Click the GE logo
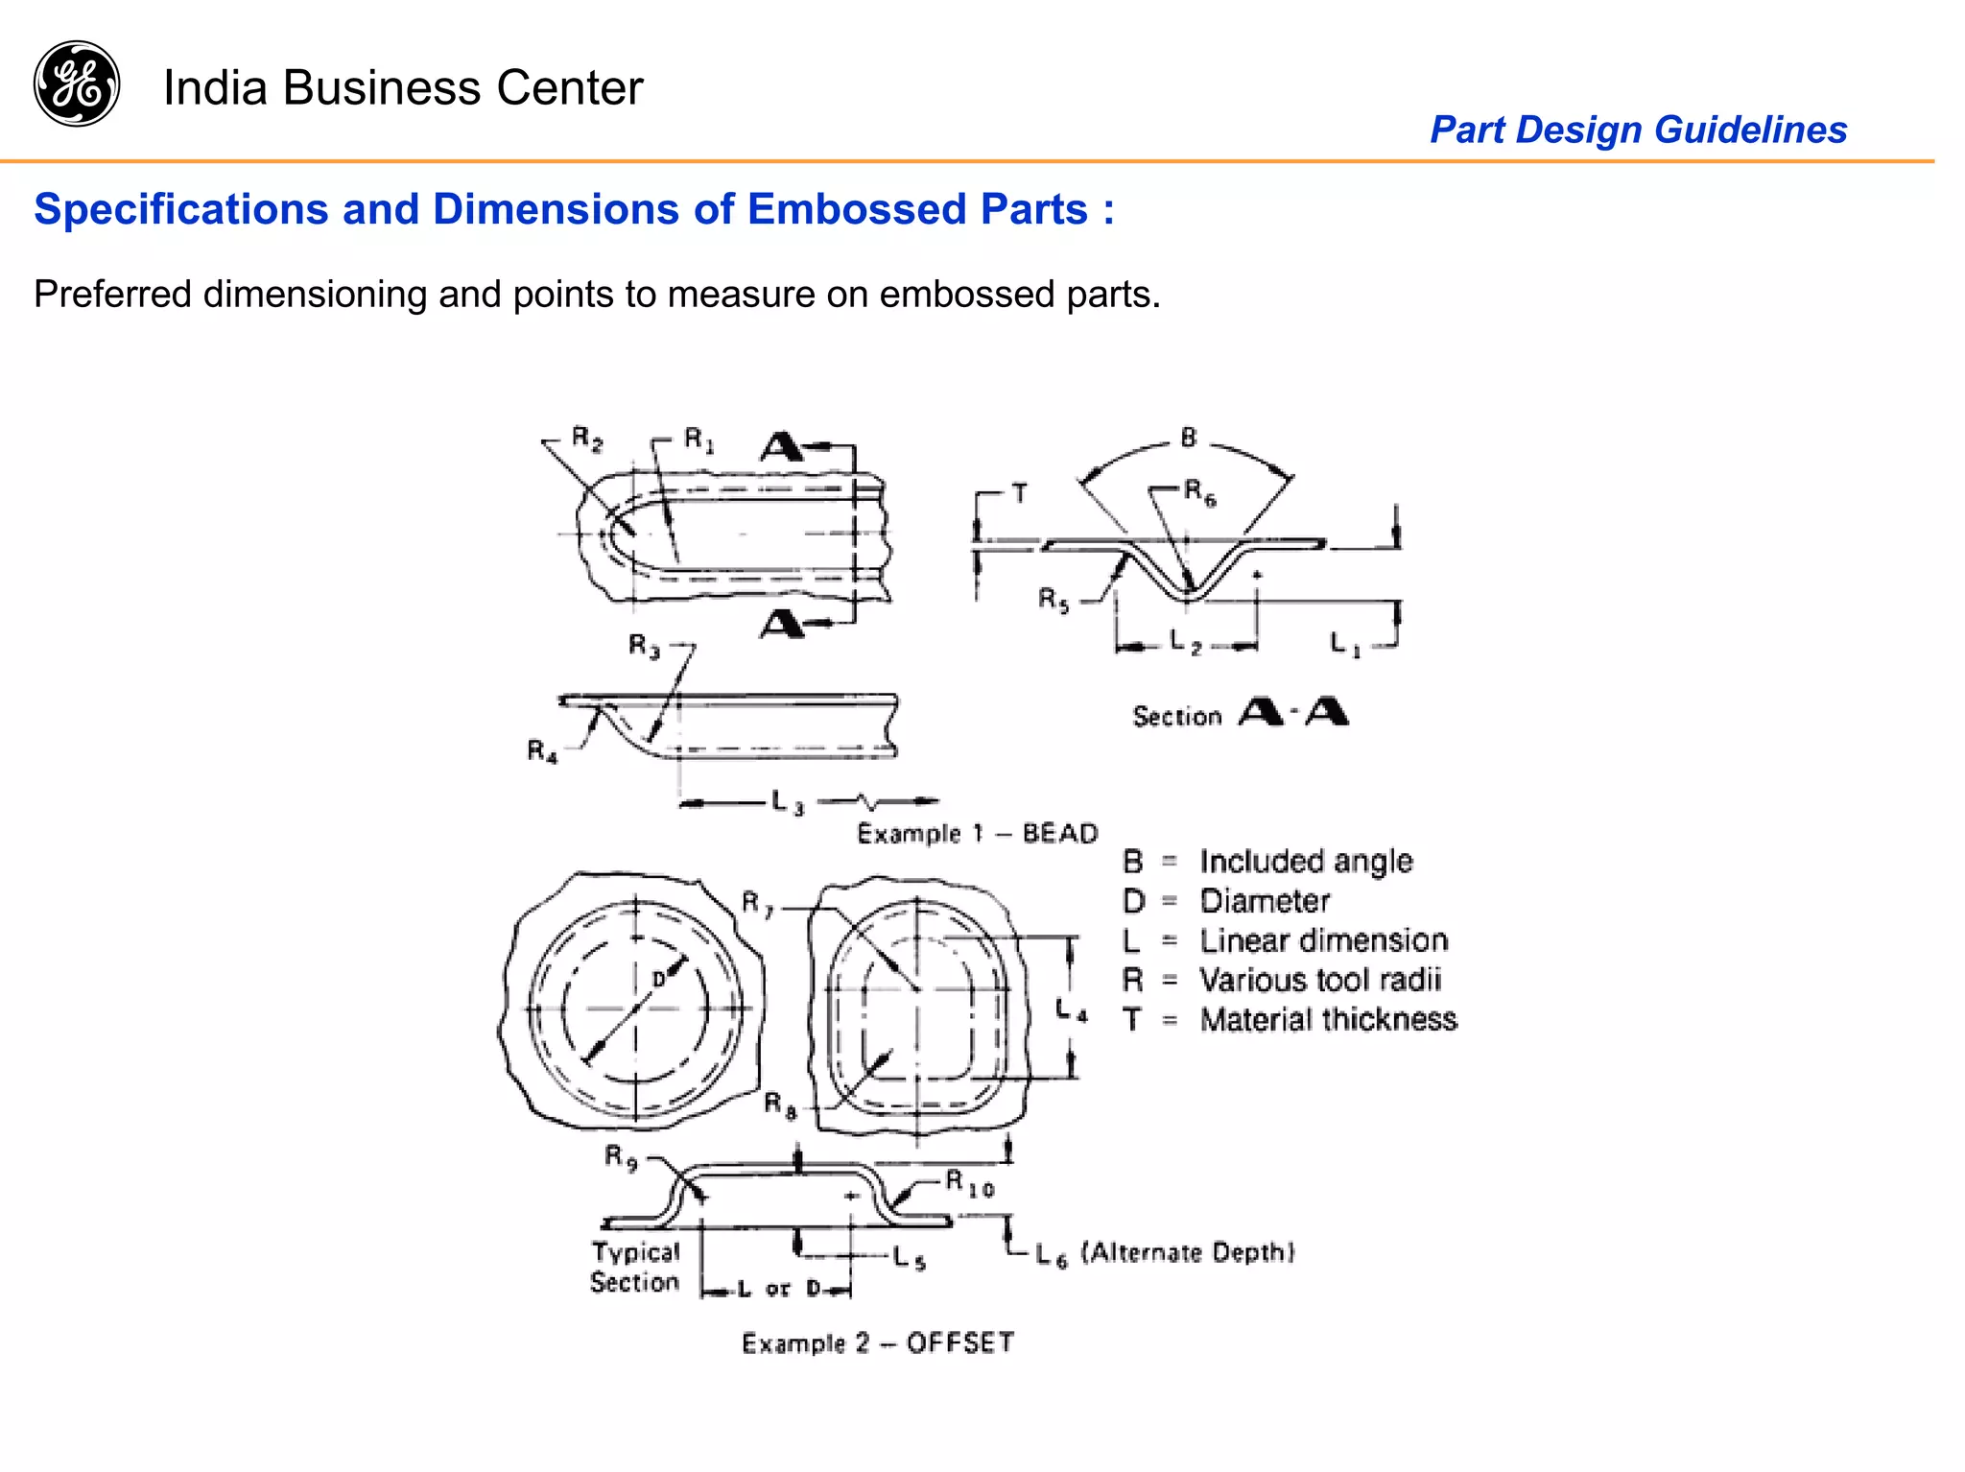pyautogui.click(x=77, y=83)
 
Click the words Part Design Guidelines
pyautogui.click(x=1638, y=130)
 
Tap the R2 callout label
pyautogui.click(x=586, y=439)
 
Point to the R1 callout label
pyautogui.click(x=698, y=440)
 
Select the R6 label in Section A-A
pyautogui.click(x=1199, y=493)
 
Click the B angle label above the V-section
pyautogui.click(x=1189, y=439)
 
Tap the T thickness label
pyautogui.click(x=1019, y=494)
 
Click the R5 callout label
pyautogui.click(x=1053, y=601)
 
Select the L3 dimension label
pyautogui.click(x=788, y=802)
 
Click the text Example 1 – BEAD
pyautogui.click(x=977, y=833)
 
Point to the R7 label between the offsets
pyautogui.click(x=757, y=904)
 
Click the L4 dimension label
pyautogui.click(x=1071, y=1009)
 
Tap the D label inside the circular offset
pyautogui.click(x=659, y=980)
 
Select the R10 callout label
pyautogui.click(x=969, y=1183)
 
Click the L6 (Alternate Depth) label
pyautogui.click(x=1165, y=1253)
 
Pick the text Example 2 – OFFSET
pyautogui.click(x=877, y=1342)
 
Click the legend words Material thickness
pyautogui.click(x=1328, y=1019)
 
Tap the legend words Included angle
pyautogui.click(x=1306, y=862)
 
